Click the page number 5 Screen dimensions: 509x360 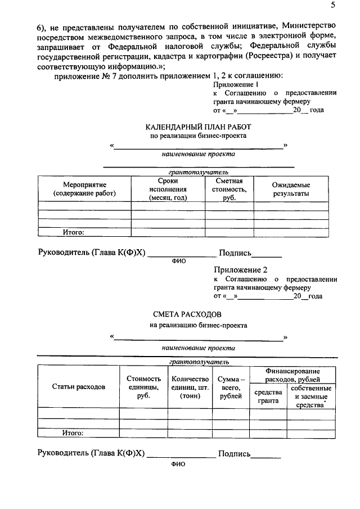click(x=332, y=6)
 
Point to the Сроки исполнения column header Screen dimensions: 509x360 click(x=168, y=189)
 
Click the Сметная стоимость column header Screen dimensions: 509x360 click(x=229, y=189)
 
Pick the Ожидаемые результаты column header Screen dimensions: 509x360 click(x=291, y=189)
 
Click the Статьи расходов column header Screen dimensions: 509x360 click(x=79, y=388)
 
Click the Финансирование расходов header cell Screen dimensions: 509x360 click(x=292, y=375)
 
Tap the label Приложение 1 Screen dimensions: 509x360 click(x=231, y=84)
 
